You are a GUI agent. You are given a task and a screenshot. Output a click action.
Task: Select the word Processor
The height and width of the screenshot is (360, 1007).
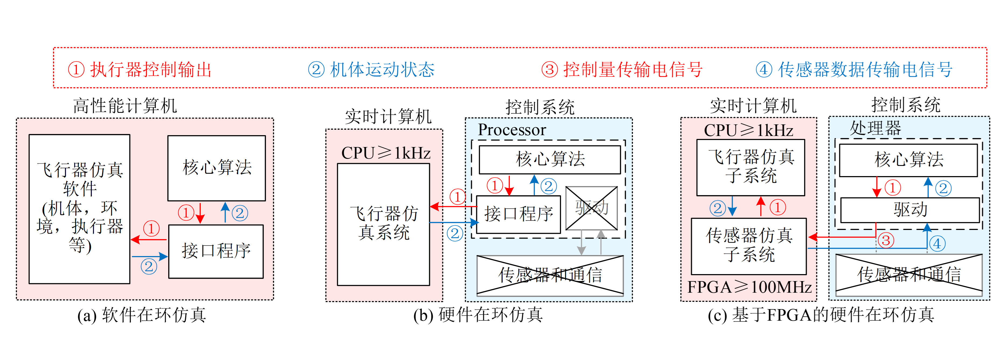click(512, 130)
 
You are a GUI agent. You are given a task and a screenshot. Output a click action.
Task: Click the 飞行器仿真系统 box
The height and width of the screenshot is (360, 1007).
click(384, 224)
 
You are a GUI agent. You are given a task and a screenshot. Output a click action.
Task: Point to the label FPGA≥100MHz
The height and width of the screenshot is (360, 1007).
click(749, 287)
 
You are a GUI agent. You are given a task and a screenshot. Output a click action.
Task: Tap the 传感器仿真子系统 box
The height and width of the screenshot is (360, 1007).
click(749, 246)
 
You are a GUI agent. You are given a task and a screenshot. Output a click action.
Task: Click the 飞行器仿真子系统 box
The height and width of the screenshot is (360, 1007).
click(750, 167)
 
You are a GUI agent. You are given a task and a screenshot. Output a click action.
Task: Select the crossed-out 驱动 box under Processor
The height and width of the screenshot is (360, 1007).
click(591, 208)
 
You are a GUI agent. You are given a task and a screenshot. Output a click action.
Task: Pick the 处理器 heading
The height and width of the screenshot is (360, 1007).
click(875, 128)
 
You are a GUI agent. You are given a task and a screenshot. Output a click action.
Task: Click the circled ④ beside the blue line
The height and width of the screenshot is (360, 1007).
click(937, 243)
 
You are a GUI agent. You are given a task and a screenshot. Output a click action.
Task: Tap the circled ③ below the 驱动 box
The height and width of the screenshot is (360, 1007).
click(886, 240)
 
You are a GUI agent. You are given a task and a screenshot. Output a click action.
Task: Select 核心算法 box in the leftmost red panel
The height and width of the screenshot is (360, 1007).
click(217, 168)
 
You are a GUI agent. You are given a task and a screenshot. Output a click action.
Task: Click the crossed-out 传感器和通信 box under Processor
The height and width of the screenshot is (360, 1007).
click(550, 275)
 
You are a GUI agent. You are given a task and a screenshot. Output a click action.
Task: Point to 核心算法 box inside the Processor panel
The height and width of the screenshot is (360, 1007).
click(550, 159)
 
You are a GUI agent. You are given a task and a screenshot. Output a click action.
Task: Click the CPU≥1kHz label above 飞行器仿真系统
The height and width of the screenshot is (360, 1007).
click(386, 153)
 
